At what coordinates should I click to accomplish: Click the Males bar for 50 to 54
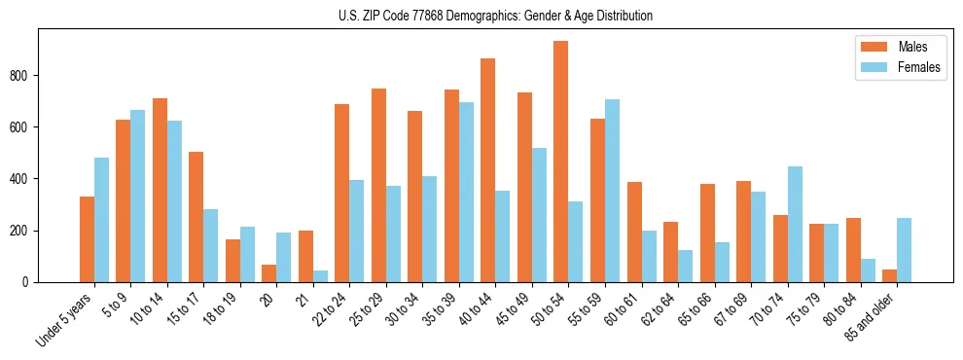(561, 162)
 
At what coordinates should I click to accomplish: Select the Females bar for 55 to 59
(612, 191)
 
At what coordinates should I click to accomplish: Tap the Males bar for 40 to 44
(488, 170)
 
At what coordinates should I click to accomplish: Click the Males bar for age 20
(269, 273)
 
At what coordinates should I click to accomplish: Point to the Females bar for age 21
(320, 276)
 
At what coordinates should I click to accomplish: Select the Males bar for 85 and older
(889, 275)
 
